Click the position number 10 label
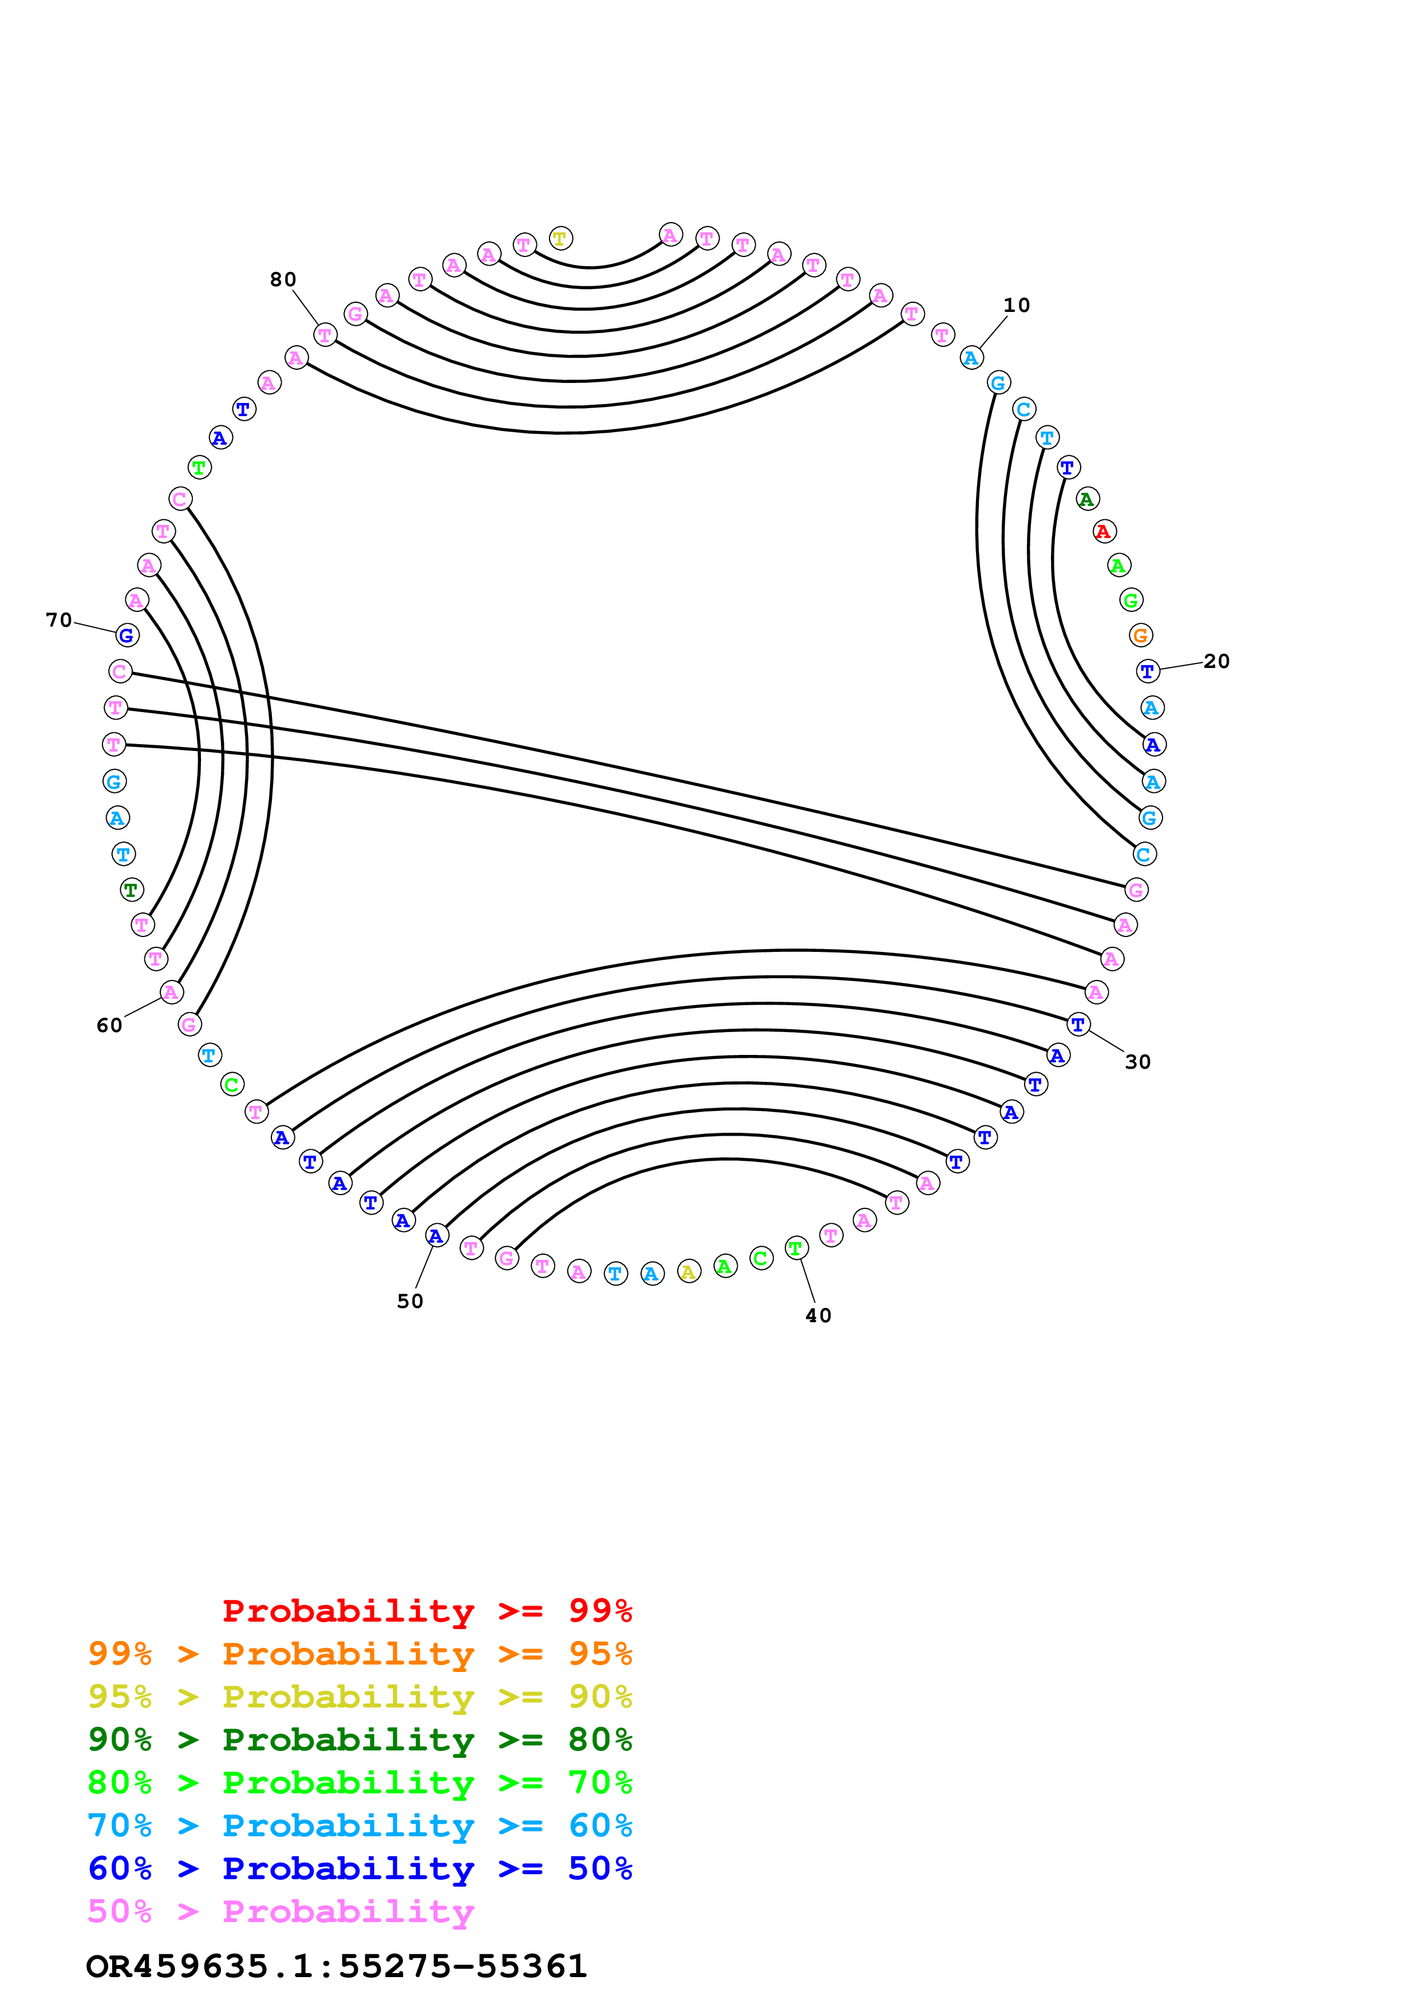click(1016, 305)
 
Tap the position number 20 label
click(1216, 661)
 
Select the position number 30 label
click(1137, 1062)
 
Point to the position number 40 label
click(819, 1315)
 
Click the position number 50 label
click(410, 1301)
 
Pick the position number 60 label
click(109, 1025)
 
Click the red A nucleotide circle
click(1104, 531)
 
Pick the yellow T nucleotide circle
click(560, 238)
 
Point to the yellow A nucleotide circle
click(689, 1272)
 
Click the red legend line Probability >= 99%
click(426, 1611)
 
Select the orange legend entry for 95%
click(359, 1654)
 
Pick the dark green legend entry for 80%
click(359, 1740)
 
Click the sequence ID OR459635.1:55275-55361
click(336, 1966)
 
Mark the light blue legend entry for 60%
click(359, 1825)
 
